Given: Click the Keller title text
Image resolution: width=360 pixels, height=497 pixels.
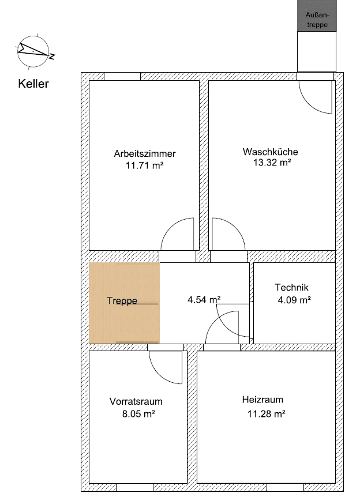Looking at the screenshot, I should tap(33, 84).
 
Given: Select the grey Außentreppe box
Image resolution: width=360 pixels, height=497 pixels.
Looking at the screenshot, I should tap(316, 16).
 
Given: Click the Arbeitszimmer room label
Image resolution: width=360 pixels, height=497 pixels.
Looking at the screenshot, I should tap(144, 154).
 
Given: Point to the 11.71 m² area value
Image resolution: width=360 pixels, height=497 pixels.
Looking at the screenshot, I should tap(144, 165).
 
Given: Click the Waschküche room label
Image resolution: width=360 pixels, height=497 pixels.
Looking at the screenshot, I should tap(270, 152).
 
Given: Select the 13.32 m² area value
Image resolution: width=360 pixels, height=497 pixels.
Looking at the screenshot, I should tap(270, 163).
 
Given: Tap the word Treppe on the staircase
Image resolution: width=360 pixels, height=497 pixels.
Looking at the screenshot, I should tap(122, 301).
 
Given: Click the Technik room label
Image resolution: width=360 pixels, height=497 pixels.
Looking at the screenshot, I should tap(292, 288).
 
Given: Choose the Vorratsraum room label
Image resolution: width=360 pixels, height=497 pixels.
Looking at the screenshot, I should tap(136, 401).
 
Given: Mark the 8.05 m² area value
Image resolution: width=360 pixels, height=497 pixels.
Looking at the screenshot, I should tap(136, 413).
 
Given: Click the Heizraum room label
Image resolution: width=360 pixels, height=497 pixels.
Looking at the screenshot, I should tap(262, 400).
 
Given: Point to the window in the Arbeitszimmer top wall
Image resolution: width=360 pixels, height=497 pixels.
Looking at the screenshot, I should tap(122, 76).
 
